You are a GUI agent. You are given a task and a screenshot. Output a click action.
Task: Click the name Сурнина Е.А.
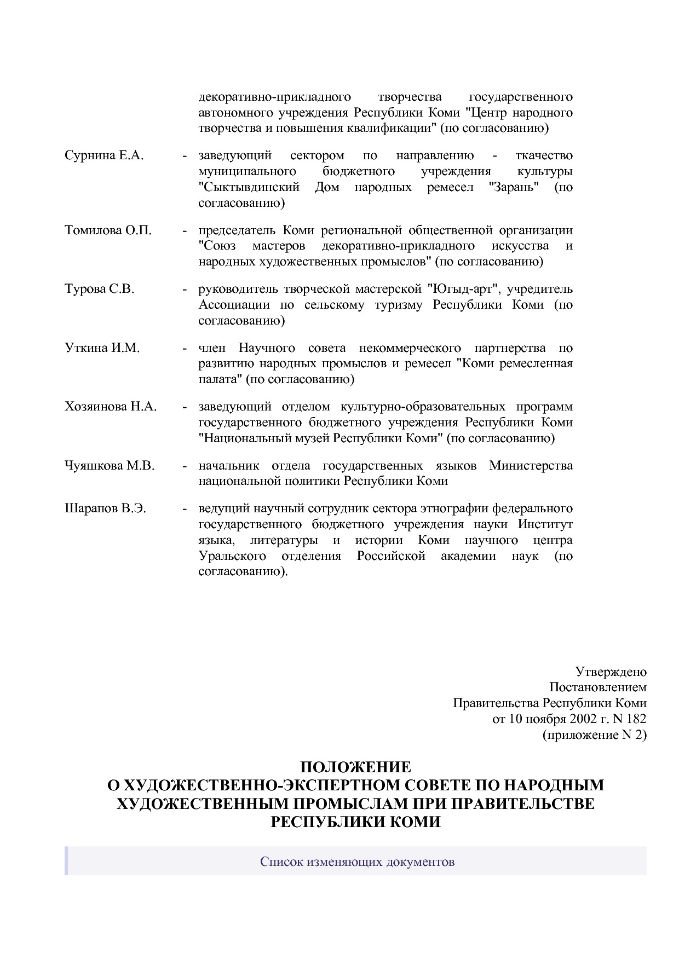104,155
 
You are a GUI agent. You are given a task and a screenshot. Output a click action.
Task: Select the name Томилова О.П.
108,230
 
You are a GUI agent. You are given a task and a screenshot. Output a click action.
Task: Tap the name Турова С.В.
99,289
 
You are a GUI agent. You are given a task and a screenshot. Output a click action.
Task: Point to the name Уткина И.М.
102,348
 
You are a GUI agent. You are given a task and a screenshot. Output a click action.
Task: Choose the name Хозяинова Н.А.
111,407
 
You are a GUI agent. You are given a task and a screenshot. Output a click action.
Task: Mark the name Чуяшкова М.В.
110,466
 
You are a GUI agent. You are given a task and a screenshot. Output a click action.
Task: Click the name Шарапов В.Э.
106,508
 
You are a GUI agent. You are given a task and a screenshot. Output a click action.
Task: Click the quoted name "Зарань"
514,187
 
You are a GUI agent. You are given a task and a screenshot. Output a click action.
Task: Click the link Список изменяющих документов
357,862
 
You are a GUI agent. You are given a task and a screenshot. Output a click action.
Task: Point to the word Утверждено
611,672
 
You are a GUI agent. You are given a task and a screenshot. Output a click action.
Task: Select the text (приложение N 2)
594,735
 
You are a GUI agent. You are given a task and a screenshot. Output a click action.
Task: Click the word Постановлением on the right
597,687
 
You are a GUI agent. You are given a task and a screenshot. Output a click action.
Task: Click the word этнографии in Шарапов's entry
454,508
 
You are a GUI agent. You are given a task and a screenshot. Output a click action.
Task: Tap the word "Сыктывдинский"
249,187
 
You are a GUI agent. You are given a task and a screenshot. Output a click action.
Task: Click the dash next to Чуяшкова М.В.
185,466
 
